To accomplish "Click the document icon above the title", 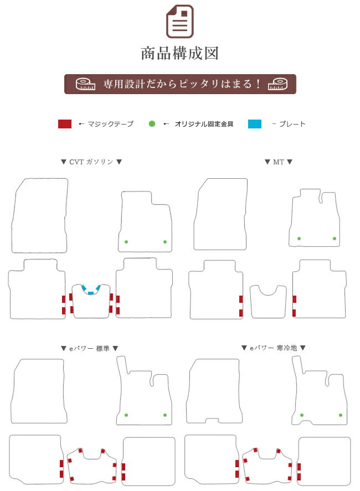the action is (179, 21).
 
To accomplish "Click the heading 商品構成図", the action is (179, 53).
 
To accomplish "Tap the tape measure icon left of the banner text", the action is (85, 84).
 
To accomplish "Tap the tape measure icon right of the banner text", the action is (277, 84).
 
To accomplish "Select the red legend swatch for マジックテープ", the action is (65, 124).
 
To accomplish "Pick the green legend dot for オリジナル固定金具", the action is (152, 124).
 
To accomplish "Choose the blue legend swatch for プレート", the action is (255, 124).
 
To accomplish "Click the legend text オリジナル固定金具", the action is (204, 124).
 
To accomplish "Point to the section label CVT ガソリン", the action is (91, 162).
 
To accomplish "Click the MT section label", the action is (279, 162).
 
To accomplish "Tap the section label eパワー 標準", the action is (89, 348).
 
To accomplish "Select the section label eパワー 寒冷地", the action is (273, 348).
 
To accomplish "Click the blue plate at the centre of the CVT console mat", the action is (91, 293).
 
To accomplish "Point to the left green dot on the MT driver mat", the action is (299, 239).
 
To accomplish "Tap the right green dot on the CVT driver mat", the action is (165, 242).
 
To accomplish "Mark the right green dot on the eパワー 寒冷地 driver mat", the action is (340, 415).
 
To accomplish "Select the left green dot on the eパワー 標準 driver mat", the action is (126, 415).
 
